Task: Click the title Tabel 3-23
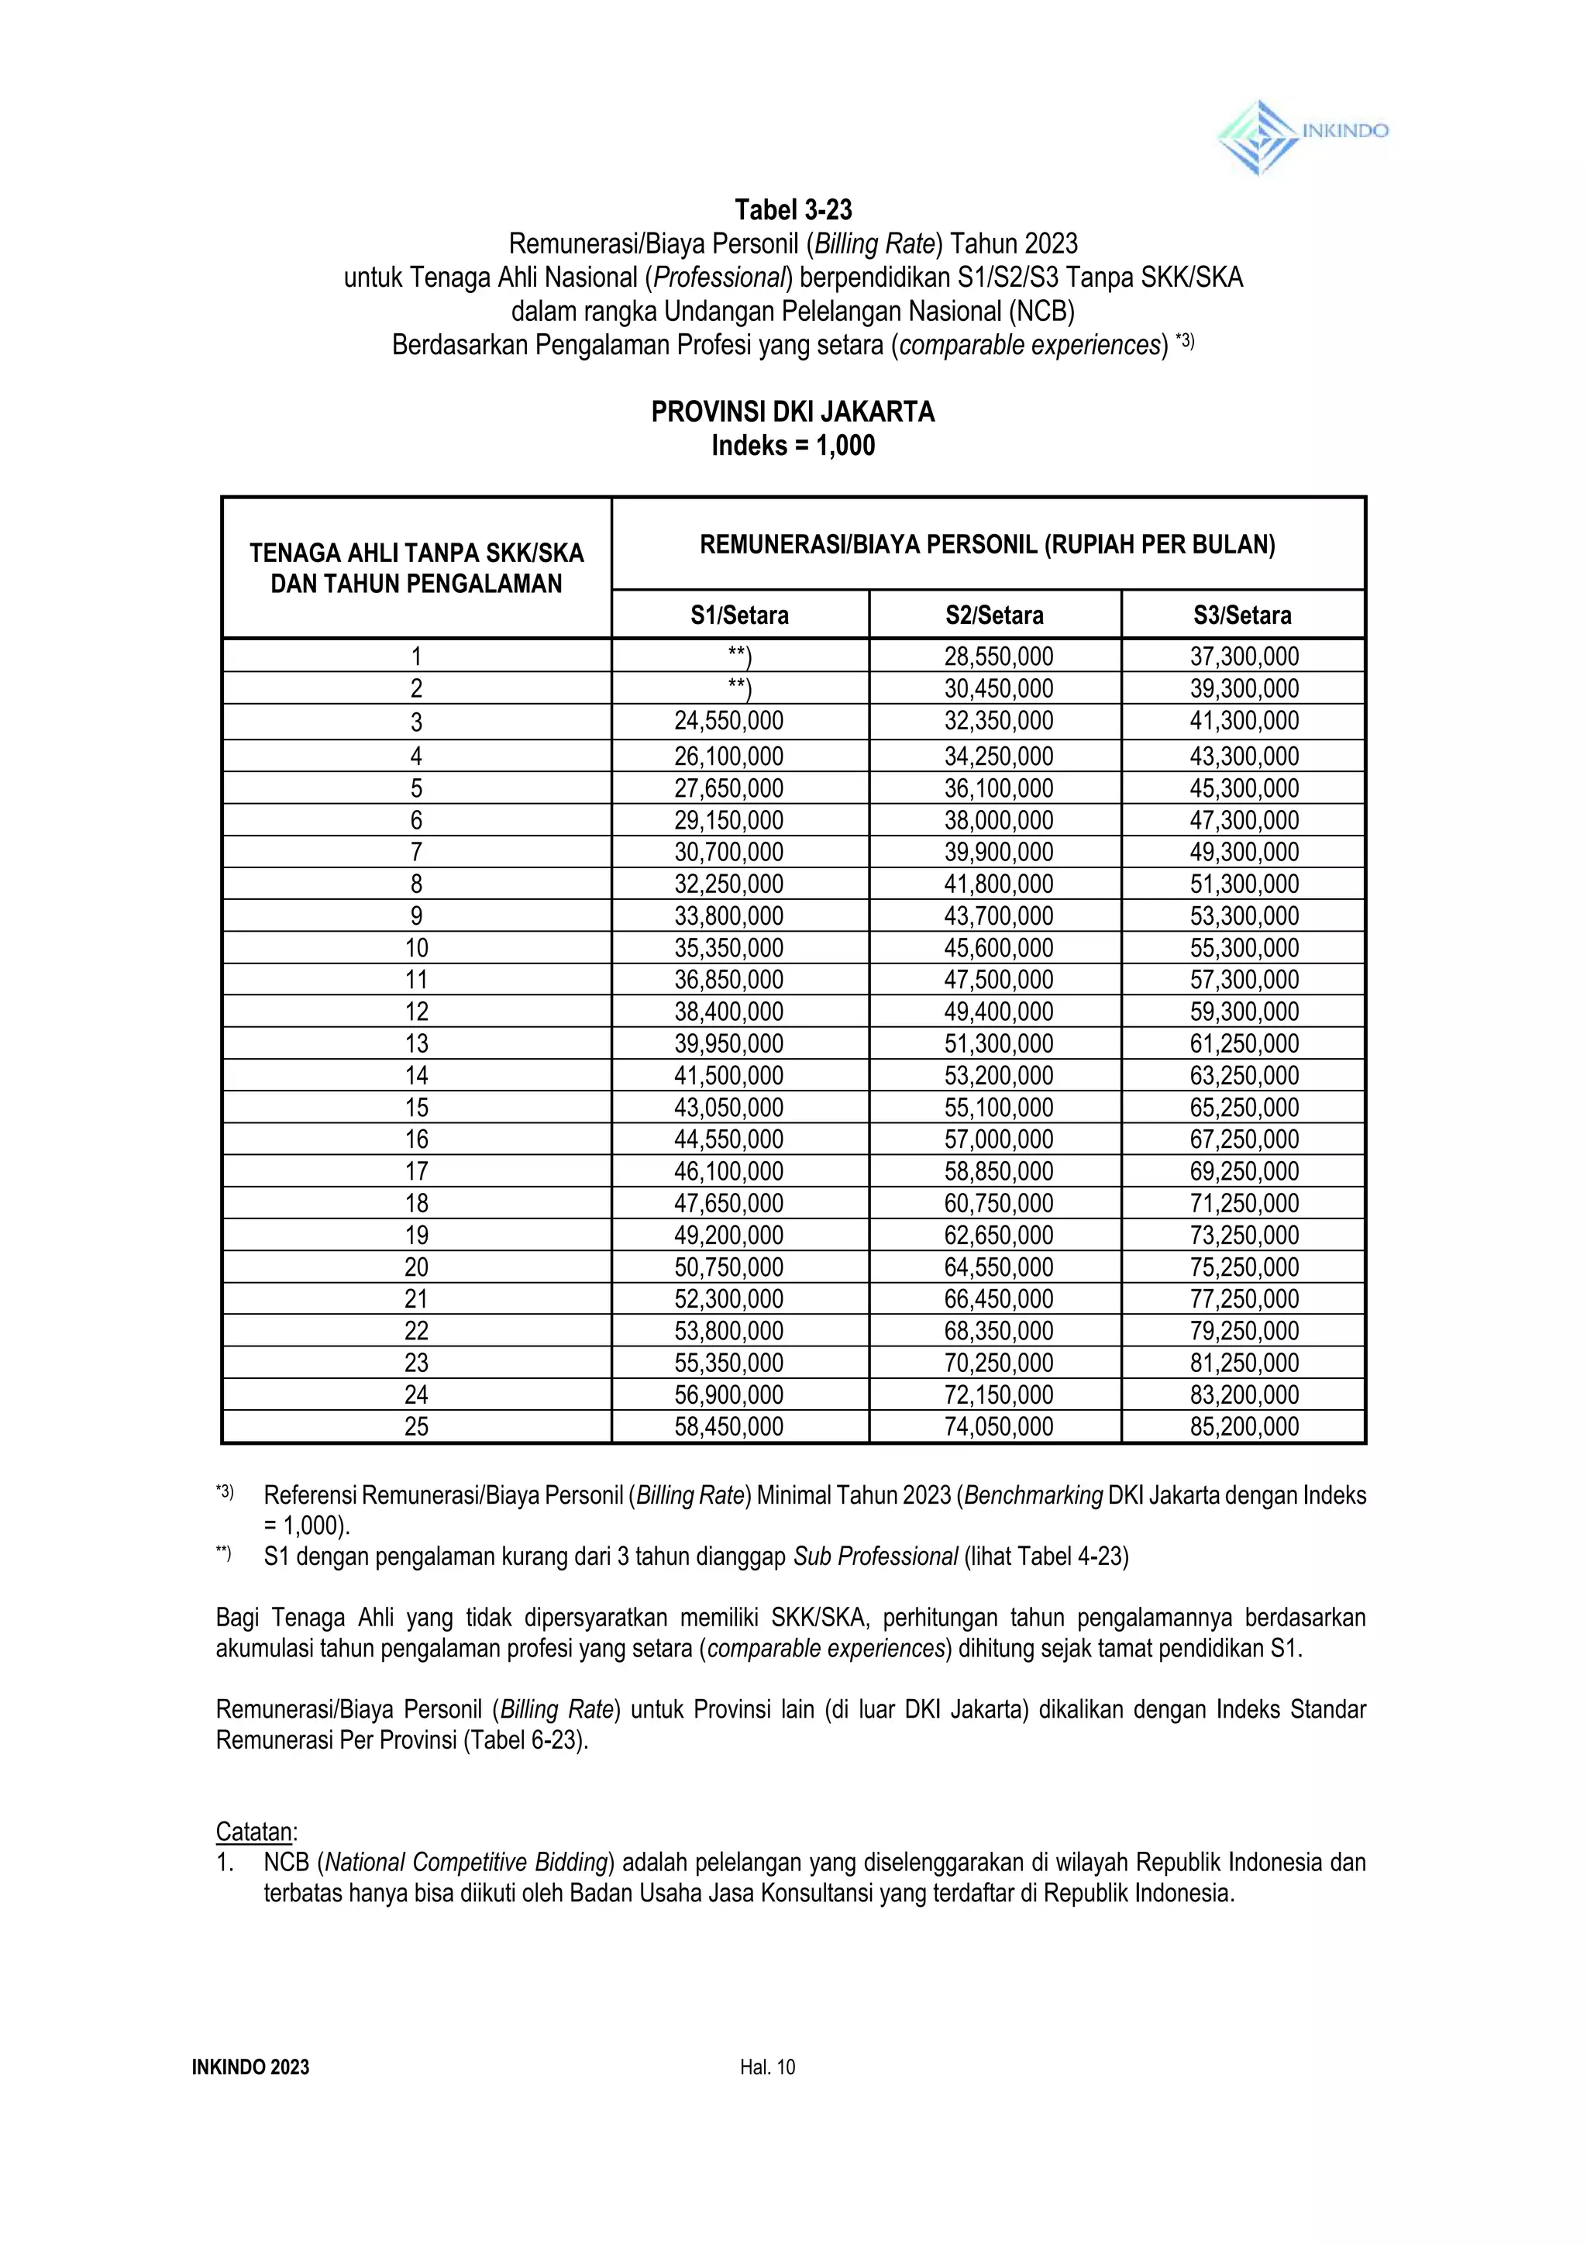[793, 210]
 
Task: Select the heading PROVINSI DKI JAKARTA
[793, 412]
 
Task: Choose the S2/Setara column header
[994, 615]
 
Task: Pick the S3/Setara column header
[1242, 615]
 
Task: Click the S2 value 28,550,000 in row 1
[998, 657]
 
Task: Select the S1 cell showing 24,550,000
[728, 722]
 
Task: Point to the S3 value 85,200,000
[1244, 1427]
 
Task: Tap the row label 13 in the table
[416, 1044]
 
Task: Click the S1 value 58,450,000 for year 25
[728, 1427]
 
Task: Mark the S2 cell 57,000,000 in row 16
[998, 1139]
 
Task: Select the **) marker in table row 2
[740, 689]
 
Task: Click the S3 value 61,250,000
[1244, 1044]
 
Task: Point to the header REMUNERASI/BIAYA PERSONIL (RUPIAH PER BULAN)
[987, 544]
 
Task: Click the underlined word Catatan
[255, 1832]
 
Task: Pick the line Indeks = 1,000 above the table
[793, 446]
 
